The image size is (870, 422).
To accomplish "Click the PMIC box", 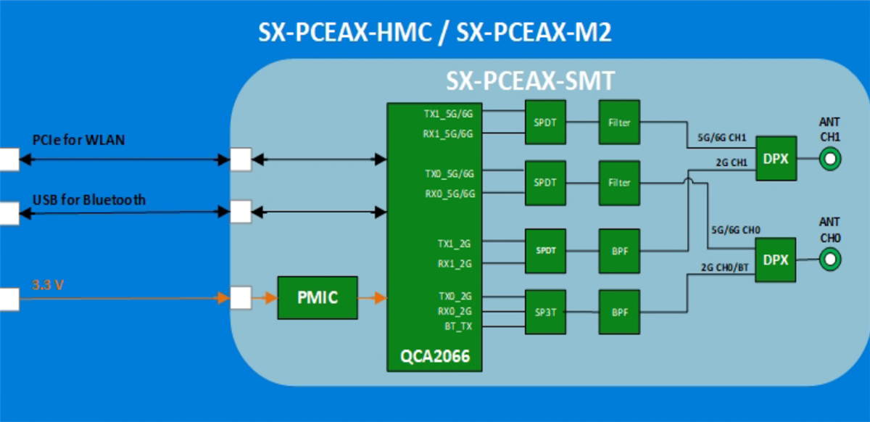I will pyautogui.click(x=318, y=297).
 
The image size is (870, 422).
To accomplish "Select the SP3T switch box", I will pyautogui.click(x=545, y=312).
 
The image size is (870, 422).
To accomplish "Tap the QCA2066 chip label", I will pyautogui.click(x=434, y=356).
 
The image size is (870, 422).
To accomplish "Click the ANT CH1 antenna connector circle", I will pyautogui.click(x=830, y=159).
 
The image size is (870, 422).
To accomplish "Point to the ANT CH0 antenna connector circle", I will pyautogui.click(x=830, y=259).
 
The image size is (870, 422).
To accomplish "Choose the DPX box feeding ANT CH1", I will pyautogui.click(x=776, y=159).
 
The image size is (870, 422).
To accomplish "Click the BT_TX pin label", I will pyautogui.click(x=458, y=326).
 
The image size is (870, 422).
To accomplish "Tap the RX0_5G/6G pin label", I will pyautogui.click(x=449, y=194).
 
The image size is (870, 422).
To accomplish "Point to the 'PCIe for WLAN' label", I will pyautogui.click(x=78, y=139).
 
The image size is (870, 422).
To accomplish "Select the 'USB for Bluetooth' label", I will pyautogui.click(x=88, y=199).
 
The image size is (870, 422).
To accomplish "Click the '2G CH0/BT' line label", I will pyautogui.click(x=724, y=267).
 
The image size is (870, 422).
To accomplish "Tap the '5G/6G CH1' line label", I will pyautogui.click(x=722, y=138).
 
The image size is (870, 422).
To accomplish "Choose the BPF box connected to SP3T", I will pyautogui.click(x=619, y=312).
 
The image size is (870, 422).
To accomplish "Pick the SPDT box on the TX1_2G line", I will pyautogui.click(x=545, y=250).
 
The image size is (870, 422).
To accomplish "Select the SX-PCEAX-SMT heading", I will pyautogui.click(x=530, y=80).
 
